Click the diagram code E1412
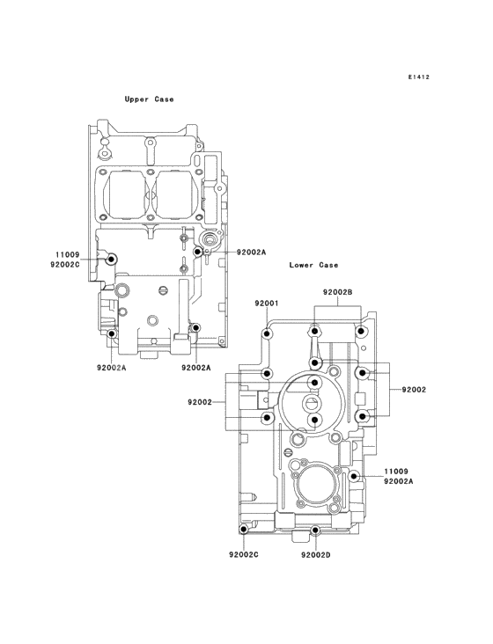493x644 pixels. click(x=418, y=77)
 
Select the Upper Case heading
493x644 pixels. click(x=149, y=99)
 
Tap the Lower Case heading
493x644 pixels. click(x=313, y=265)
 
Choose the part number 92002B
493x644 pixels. click(x=337, y=292)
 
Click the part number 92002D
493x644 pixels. click(x=315, y=554)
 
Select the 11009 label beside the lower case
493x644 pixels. click(x=395, y=472)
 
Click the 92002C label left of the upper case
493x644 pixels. click(x=65, y=264)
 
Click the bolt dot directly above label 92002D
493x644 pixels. click(x=315, y=531)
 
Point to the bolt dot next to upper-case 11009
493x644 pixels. click(x=111, y=260)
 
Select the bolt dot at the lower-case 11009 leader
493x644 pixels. click(x=354, y=476)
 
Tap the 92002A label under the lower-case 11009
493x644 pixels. click(x=399, y=481)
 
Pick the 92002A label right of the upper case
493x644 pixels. click(x=251, y=252)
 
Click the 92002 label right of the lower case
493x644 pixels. click(x=414, y=389)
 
